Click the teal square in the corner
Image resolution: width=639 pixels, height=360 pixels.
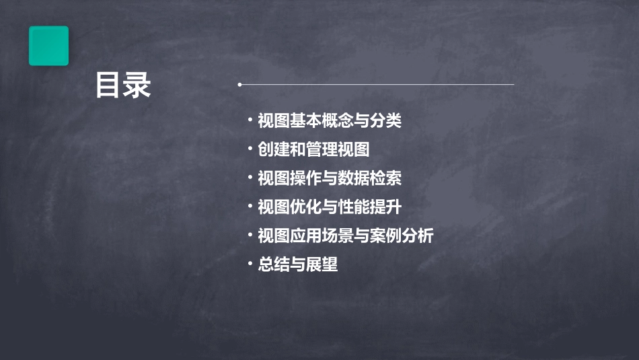[48, 46]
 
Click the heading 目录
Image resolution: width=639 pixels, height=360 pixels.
[122, 86]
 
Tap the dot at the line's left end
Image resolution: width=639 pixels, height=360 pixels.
[239, 85]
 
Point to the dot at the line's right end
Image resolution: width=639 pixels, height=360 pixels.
[514, 85]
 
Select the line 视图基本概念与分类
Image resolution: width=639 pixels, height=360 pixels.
[330, 121]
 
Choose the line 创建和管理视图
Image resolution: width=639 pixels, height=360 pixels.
[313, 149]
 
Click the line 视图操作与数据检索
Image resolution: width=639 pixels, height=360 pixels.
[330, 178]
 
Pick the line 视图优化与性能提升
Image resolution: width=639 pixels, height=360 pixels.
[330, 207]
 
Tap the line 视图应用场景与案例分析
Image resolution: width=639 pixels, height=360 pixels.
[346, 236]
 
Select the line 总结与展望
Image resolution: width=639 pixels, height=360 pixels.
[297, 264]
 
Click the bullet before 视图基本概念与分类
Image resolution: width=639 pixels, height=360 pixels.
[250, 121]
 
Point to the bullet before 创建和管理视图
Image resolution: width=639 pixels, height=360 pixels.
[250, 149]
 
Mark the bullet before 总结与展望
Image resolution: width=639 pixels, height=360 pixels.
[250, 264]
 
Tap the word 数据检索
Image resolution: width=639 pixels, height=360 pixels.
[369, 178]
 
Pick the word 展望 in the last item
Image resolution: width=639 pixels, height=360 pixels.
[322, 264]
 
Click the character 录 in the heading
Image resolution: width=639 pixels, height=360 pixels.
[137, 86]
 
